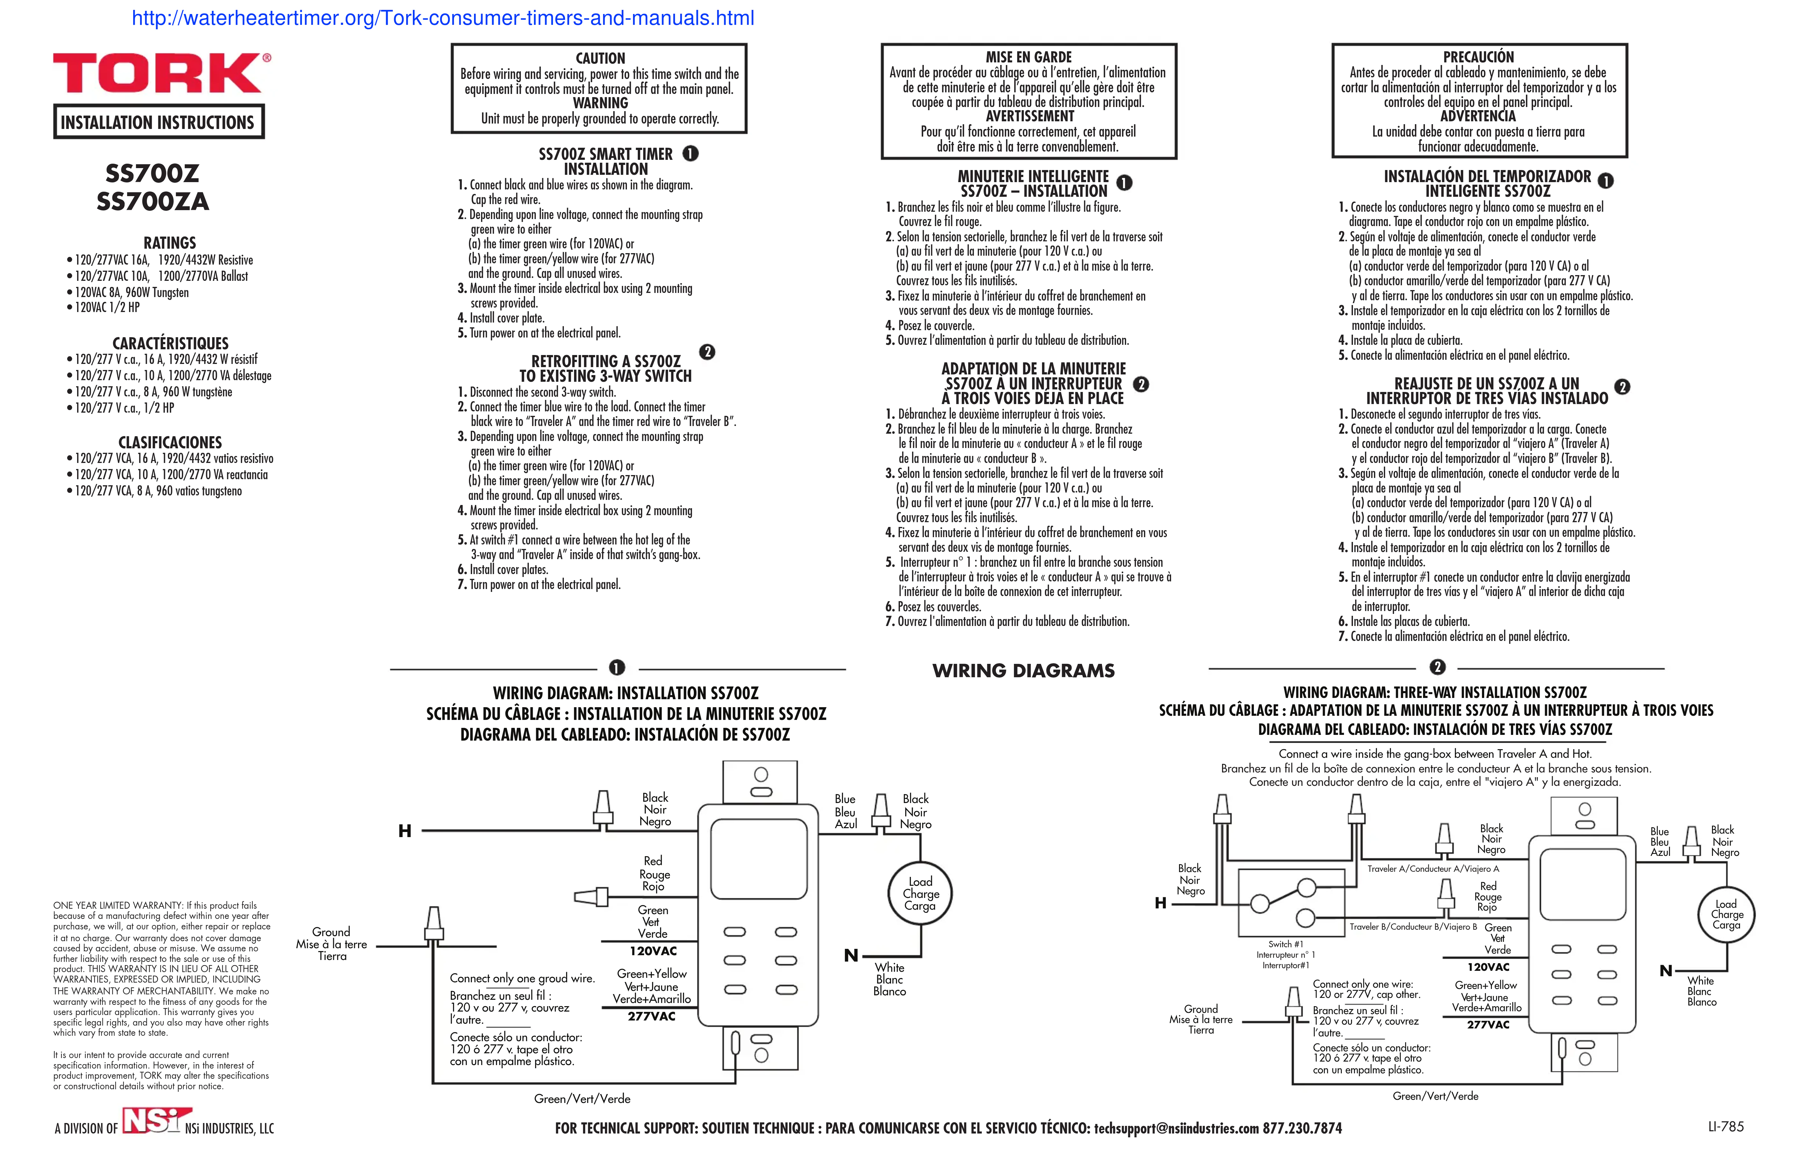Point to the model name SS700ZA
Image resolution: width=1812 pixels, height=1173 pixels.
click(x=152, y=202)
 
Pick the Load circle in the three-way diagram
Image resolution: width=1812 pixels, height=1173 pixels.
click(x=1726, y=914)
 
